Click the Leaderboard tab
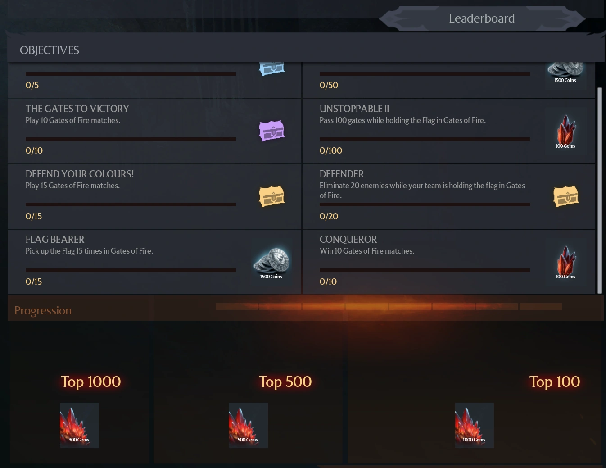tap(481, 18)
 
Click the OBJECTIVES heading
tap(50, 50)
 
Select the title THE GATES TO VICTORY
tap(77, 109)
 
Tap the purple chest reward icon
tap(271, 131)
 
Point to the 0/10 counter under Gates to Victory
tap(34, 150)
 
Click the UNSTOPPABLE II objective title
tap(354, 109)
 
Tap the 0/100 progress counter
tap(330, 150)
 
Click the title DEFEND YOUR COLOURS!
tap(80, 174)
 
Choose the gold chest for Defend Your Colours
tap(271, 196)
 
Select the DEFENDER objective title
tap(341, 174)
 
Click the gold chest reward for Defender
tap(565, 196)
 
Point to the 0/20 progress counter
tap(329, 216)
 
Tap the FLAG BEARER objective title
tap(55, 240)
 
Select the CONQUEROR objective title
tap(348, 240)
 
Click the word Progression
tap(43, 311)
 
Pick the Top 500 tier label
tap(285, 382)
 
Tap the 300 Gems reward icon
tap(79, 425)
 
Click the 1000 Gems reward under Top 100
tap(474, 425)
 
